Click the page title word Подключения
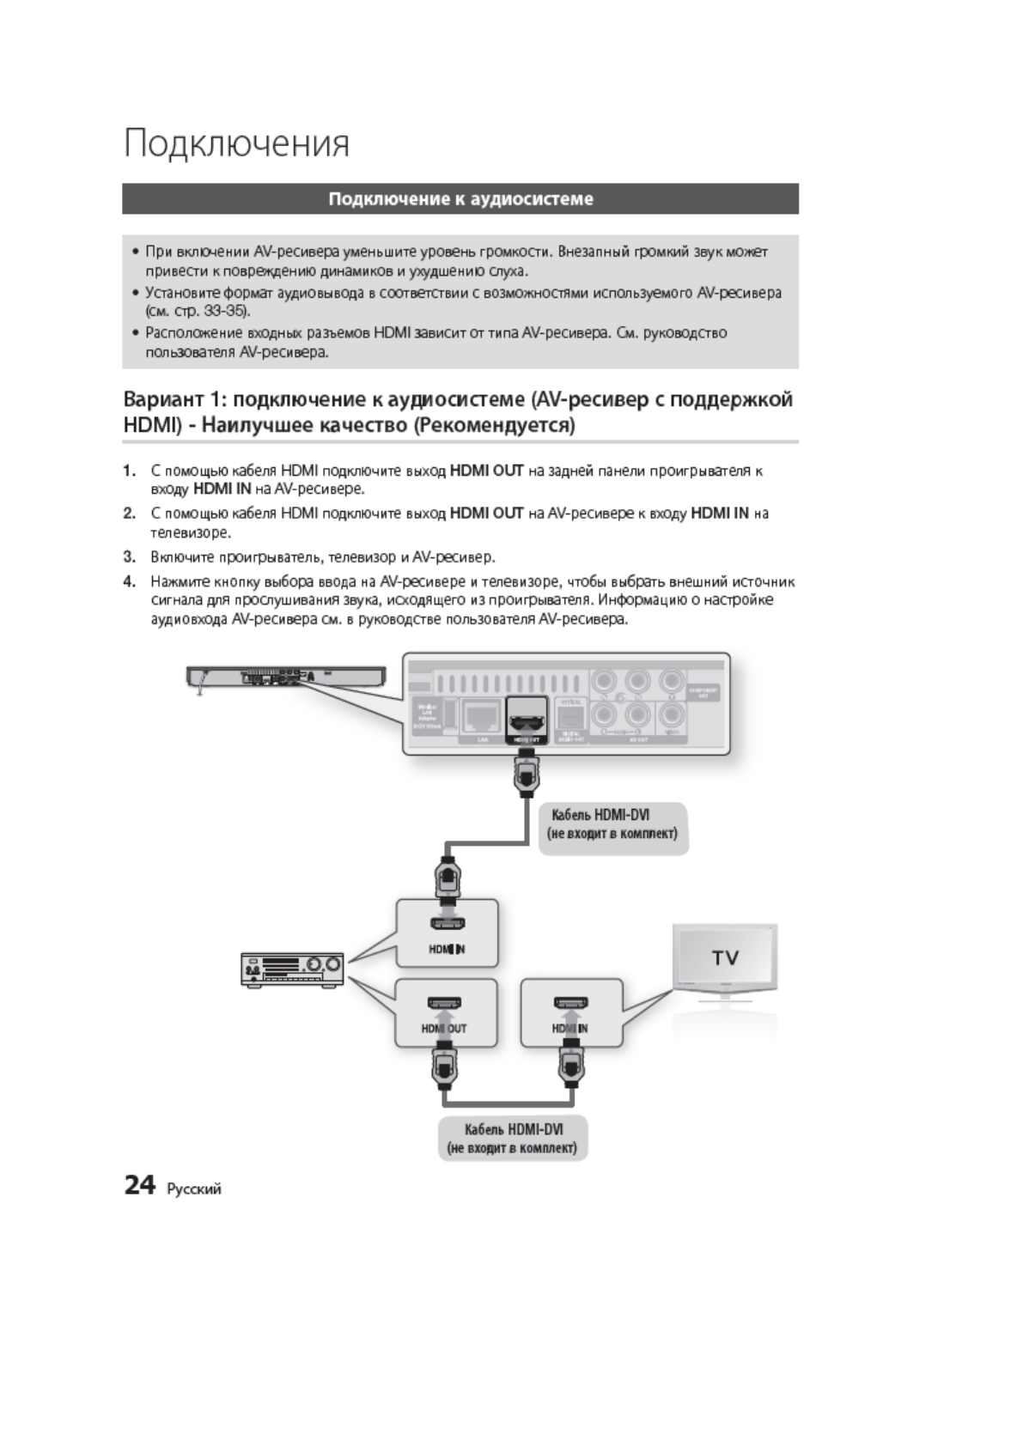pyautogui.click(x=237, y=143)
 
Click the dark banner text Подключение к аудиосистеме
pyautogui.click(x=460, y=199)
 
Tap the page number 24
pyautogui.click(x=140, y=1186)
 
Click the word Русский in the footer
pyautogui.click(x=194, y=1189)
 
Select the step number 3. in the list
pyautogui.click(x=130, y=557)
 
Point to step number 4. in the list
pyautogui.click(x=130, y=581)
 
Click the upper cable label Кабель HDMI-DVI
pyautogui.click(x=612, y=815)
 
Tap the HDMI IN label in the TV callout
pyautogui.click(x=569, y=1028)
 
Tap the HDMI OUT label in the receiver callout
pyautogui.click(x=444, y=1028)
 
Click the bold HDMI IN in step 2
pyautogui.click(x=720, y=513)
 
